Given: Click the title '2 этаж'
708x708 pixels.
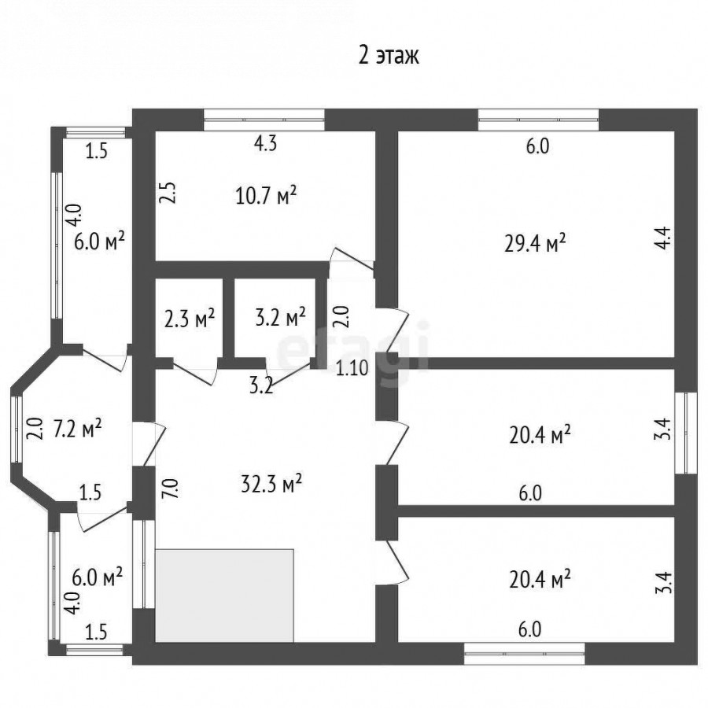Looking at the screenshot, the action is [389, 56].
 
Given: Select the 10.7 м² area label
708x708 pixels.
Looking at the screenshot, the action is [266, 196].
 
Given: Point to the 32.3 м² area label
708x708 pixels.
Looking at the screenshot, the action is [271, 485].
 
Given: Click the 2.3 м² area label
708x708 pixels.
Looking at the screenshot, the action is [190, 319].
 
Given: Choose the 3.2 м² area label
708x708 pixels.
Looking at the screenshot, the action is [281, 319].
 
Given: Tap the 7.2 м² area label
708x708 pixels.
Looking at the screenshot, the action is [78, 429].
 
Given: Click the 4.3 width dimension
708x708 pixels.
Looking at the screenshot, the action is [266, 144].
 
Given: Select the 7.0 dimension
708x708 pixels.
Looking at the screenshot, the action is [172, 488].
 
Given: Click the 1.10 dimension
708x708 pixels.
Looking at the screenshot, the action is [352, 368].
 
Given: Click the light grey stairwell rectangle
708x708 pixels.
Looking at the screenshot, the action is [225, 596].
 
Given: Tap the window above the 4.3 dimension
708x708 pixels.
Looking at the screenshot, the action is [264, 120].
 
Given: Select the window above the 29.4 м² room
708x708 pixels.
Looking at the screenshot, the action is [539, 120].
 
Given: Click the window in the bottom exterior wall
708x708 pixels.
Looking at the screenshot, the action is [525, 654].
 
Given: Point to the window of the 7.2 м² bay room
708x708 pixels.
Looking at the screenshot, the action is [17, 429].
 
